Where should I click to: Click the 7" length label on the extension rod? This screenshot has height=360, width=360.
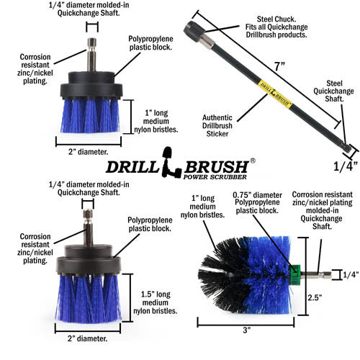point(279,66)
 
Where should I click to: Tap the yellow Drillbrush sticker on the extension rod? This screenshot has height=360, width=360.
point(275,94)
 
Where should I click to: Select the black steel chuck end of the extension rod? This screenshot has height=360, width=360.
point(194,30)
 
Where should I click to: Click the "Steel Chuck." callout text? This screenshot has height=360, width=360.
point(276,19)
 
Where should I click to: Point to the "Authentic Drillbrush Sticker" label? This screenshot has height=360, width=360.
point(217,125)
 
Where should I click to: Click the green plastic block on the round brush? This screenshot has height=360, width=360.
point(294,274)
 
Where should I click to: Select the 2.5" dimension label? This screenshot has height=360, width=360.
point(315,297)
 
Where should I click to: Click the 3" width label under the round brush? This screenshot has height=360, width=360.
point(246,330)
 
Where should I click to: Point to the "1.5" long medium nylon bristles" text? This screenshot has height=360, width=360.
point(156,302)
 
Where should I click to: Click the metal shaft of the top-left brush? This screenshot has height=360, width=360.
point(91,55)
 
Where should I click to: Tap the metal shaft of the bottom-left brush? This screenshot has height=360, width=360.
point(88,228)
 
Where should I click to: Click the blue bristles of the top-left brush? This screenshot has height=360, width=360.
point(90,116)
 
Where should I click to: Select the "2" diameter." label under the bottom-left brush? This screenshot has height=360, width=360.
point(87,338)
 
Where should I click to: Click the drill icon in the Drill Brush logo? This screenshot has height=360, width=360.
point(171,163)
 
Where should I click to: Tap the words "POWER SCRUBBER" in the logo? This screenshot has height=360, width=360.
point(215,177)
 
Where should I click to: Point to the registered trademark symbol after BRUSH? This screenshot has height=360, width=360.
point(253,161)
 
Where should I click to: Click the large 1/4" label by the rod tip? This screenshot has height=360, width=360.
point(346,166)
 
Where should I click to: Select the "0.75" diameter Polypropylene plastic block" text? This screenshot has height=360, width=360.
point(257,203)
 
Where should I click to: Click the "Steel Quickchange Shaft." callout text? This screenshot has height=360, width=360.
point(333,91)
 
